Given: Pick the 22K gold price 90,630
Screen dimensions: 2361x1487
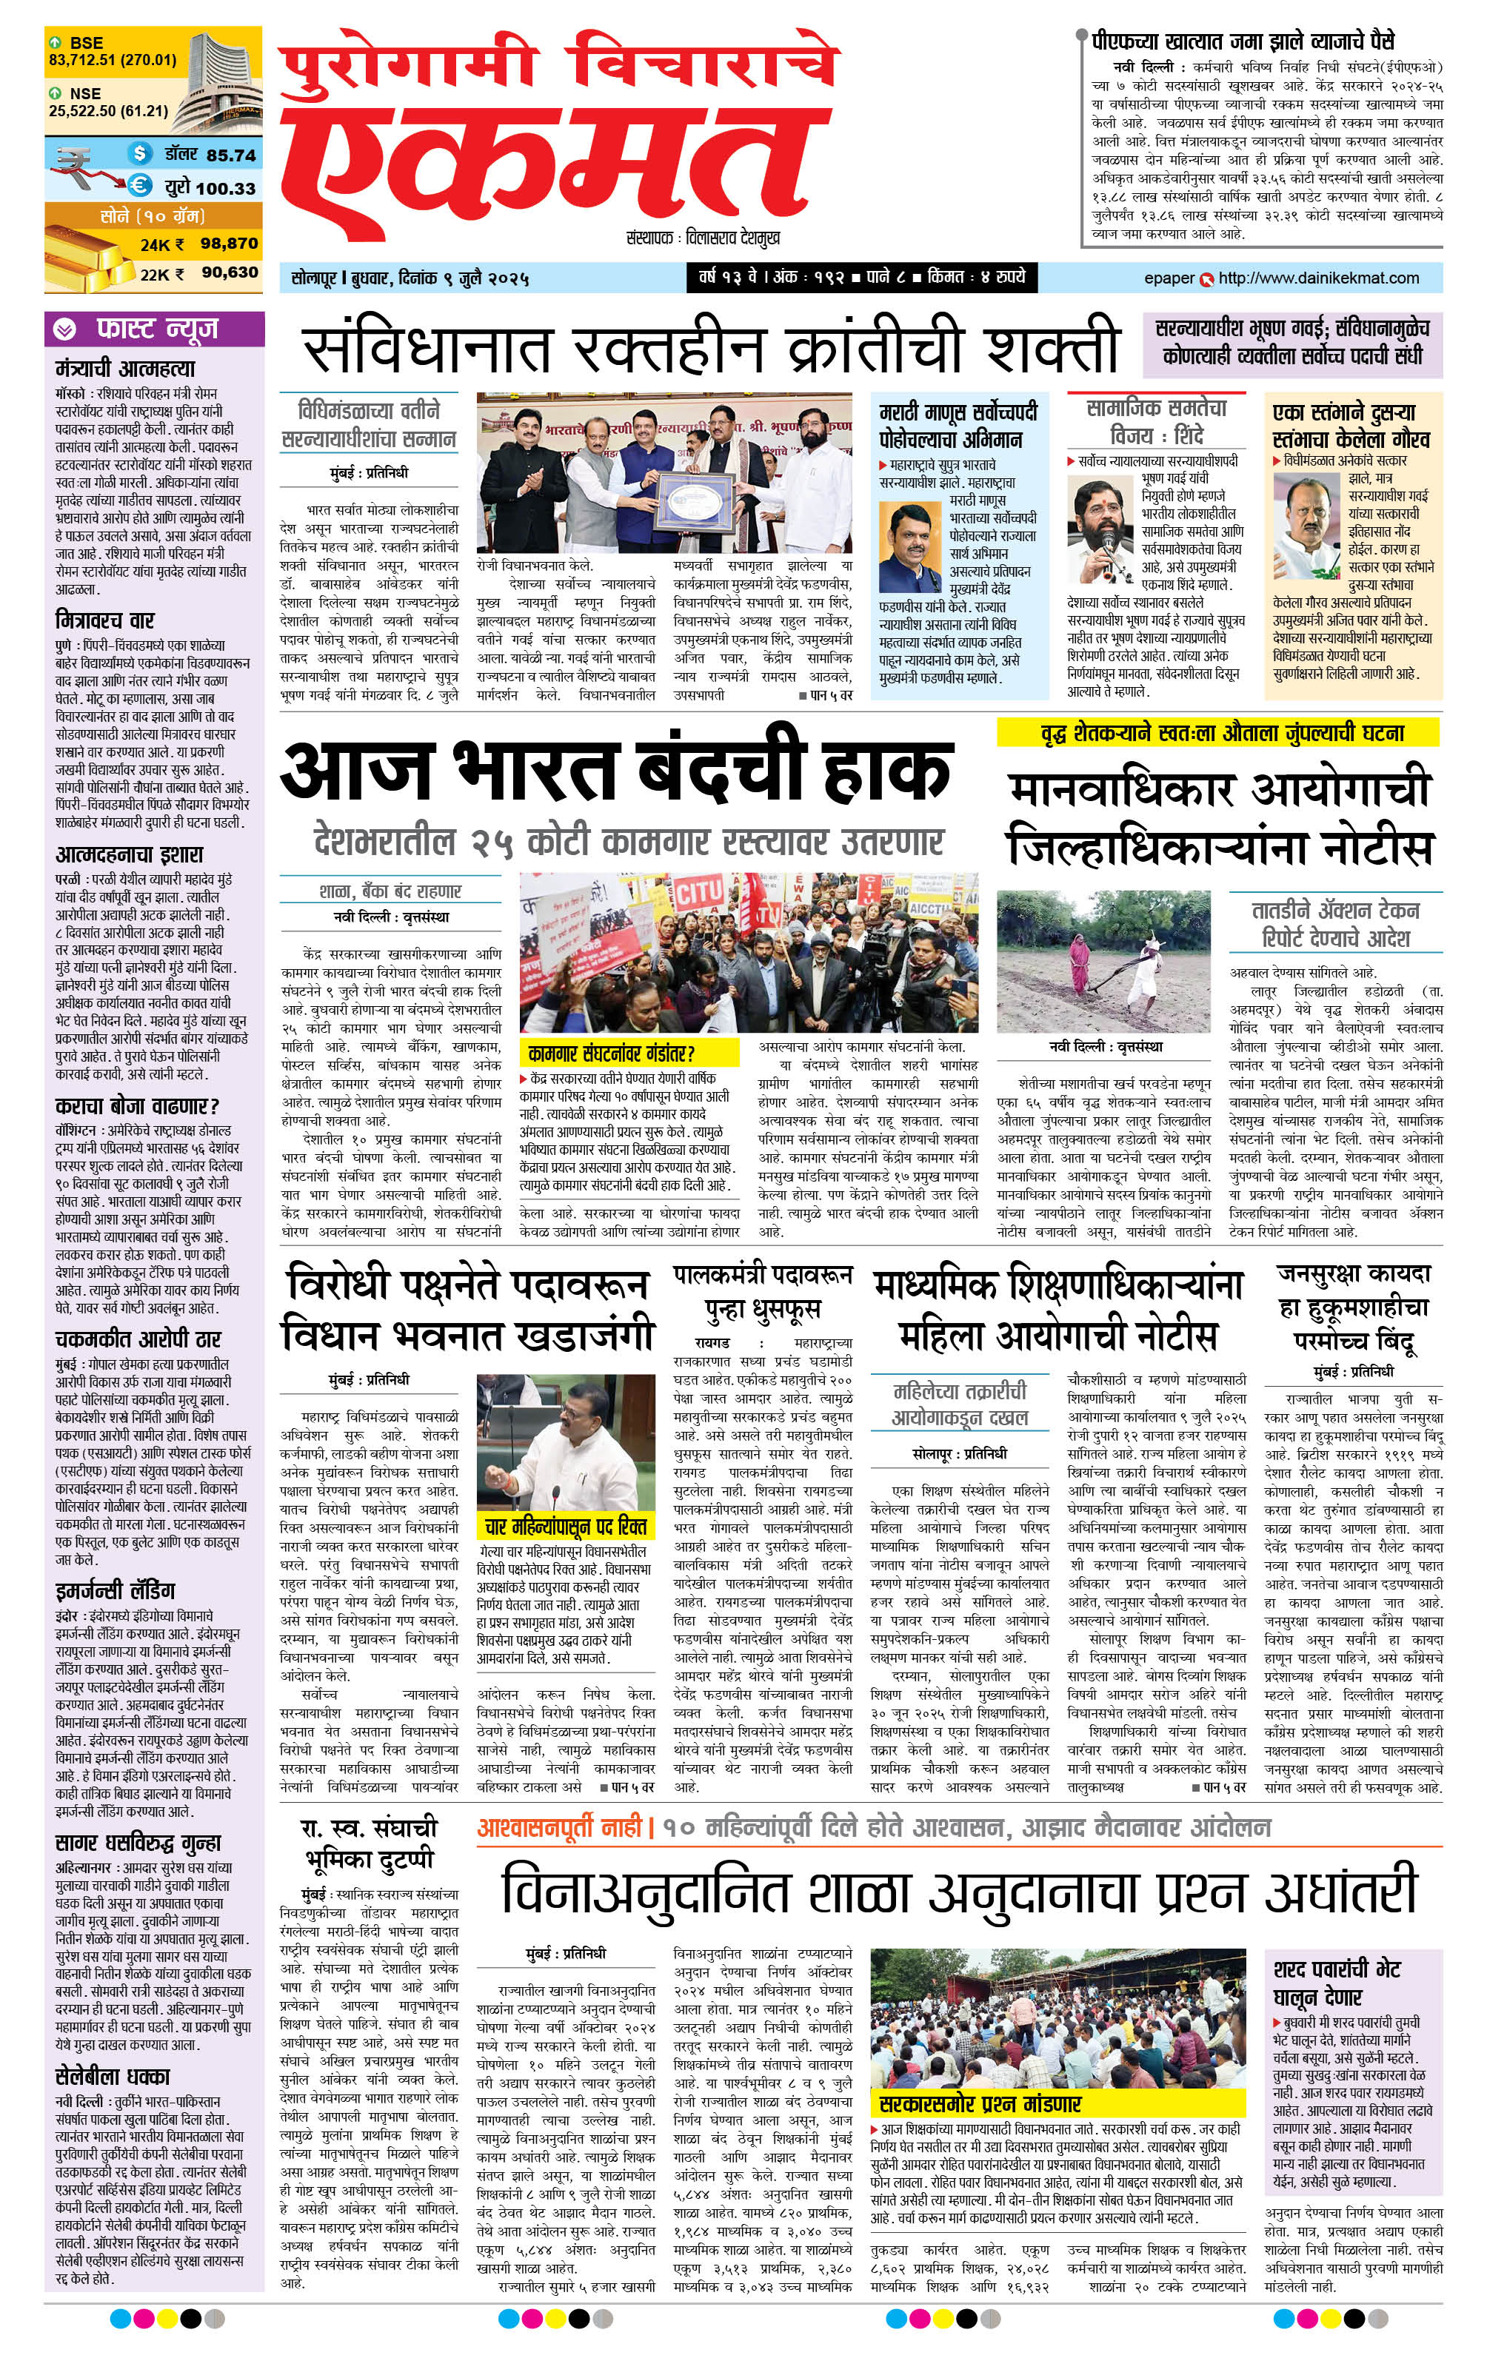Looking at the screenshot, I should pyautogui.click(x=230, y=272).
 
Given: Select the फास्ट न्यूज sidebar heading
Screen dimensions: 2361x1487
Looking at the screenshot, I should pyautogui.click(x=157, y=329).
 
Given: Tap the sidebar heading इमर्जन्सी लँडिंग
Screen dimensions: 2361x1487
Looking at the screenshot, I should pyautogui.click(x=115, y=1590).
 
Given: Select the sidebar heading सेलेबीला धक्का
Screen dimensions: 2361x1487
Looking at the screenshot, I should pyautogui.click(x=112, y=2076).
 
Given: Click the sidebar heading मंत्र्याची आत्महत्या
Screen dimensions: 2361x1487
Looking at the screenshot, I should pyautogui.click(x=126, y=369).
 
